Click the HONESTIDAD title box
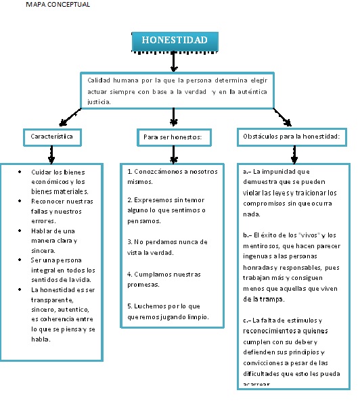point(174,41)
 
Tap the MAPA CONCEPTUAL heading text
point(57,5)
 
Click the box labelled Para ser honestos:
point(173,137)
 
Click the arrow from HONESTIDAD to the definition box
point(174,62)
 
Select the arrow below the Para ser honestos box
point(174,155)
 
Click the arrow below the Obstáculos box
point(294,155)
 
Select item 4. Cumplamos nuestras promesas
point(164,279)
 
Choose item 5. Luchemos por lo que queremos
point(168,311)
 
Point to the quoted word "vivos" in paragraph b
point(308,235)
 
